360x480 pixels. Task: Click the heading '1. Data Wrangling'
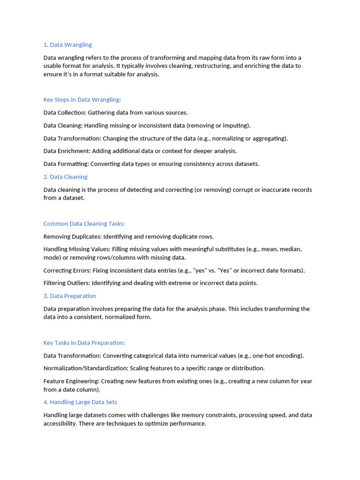pos(67,45)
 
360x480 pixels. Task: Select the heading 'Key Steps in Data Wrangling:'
pos(82,100)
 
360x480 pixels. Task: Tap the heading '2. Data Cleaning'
pos(65,177)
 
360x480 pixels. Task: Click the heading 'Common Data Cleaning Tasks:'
pos(84,224)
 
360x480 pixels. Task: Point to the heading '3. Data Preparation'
pos(69,296)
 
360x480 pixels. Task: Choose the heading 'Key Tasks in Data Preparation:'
pos(84,343)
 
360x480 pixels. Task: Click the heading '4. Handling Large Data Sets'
pos(80,402)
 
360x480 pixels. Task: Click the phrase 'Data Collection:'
pos(65,112)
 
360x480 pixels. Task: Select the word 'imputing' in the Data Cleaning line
pos(235,126)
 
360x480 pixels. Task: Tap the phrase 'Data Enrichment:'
pos(67,151)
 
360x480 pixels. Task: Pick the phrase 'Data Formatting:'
pos(66,164)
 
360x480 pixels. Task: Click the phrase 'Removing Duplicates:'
pos(72,237)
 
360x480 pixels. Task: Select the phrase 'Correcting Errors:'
pos(67,270)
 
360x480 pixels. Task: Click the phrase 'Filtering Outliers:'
pos(67,283)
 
